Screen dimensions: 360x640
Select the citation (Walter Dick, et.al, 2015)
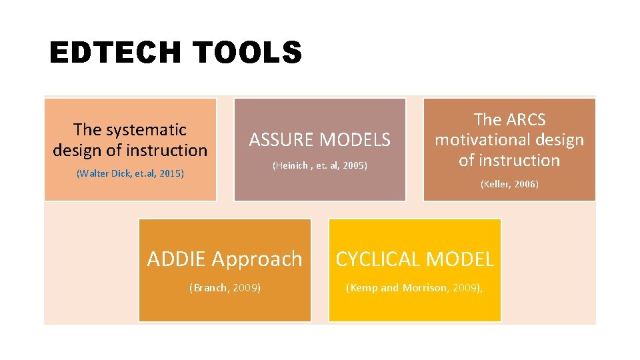(130, 173)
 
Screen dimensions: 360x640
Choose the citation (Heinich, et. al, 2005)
(320, 165)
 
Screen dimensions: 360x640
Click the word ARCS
(526, 120)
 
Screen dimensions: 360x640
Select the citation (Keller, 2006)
(509, 184)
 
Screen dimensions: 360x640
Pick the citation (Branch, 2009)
(225, 288)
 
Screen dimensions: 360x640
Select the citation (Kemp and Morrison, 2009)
(414, 288)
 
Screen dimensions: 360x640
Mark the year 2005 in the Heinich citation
(355, 165)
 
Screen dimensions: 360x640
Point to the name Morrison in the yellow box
(424, 288)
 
